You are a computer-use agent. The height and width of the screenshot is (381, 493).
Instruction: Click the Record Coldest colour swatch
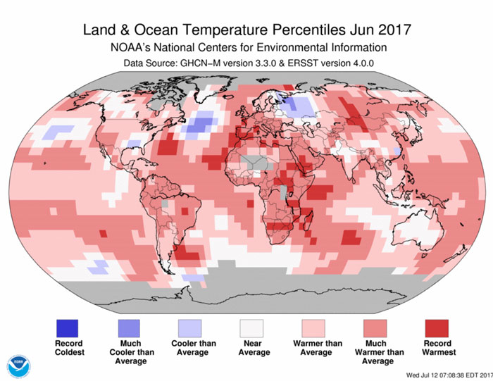68,328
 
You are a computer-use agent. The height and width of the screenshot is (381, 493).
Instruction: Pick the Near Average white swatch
251,328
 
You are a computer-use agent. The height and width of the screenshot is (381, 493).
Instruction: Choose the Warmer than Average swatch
313,328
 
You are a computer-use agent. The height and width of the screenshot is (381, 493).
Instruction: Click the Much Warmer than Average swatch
374,328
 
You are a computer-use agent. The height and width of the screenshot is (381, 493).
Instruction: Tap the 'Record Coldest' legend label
68,348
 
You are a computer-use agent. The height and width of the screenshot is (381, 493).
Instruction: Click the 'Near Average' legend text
251,348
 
